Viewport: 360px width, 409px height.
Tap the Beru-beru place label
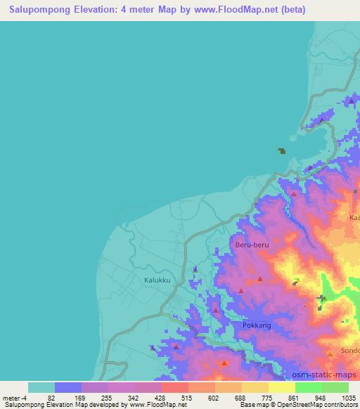tap(251, 245)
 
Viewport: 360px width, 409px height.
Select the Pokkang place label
tap(256, 325)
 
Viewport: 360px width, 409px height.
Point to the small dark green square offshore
tap(282, 150)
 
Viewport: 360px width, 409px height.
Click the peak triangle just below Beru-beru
tap(260, 279)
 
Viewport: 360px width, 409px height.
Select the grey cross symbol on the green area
tap(321, 299)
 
